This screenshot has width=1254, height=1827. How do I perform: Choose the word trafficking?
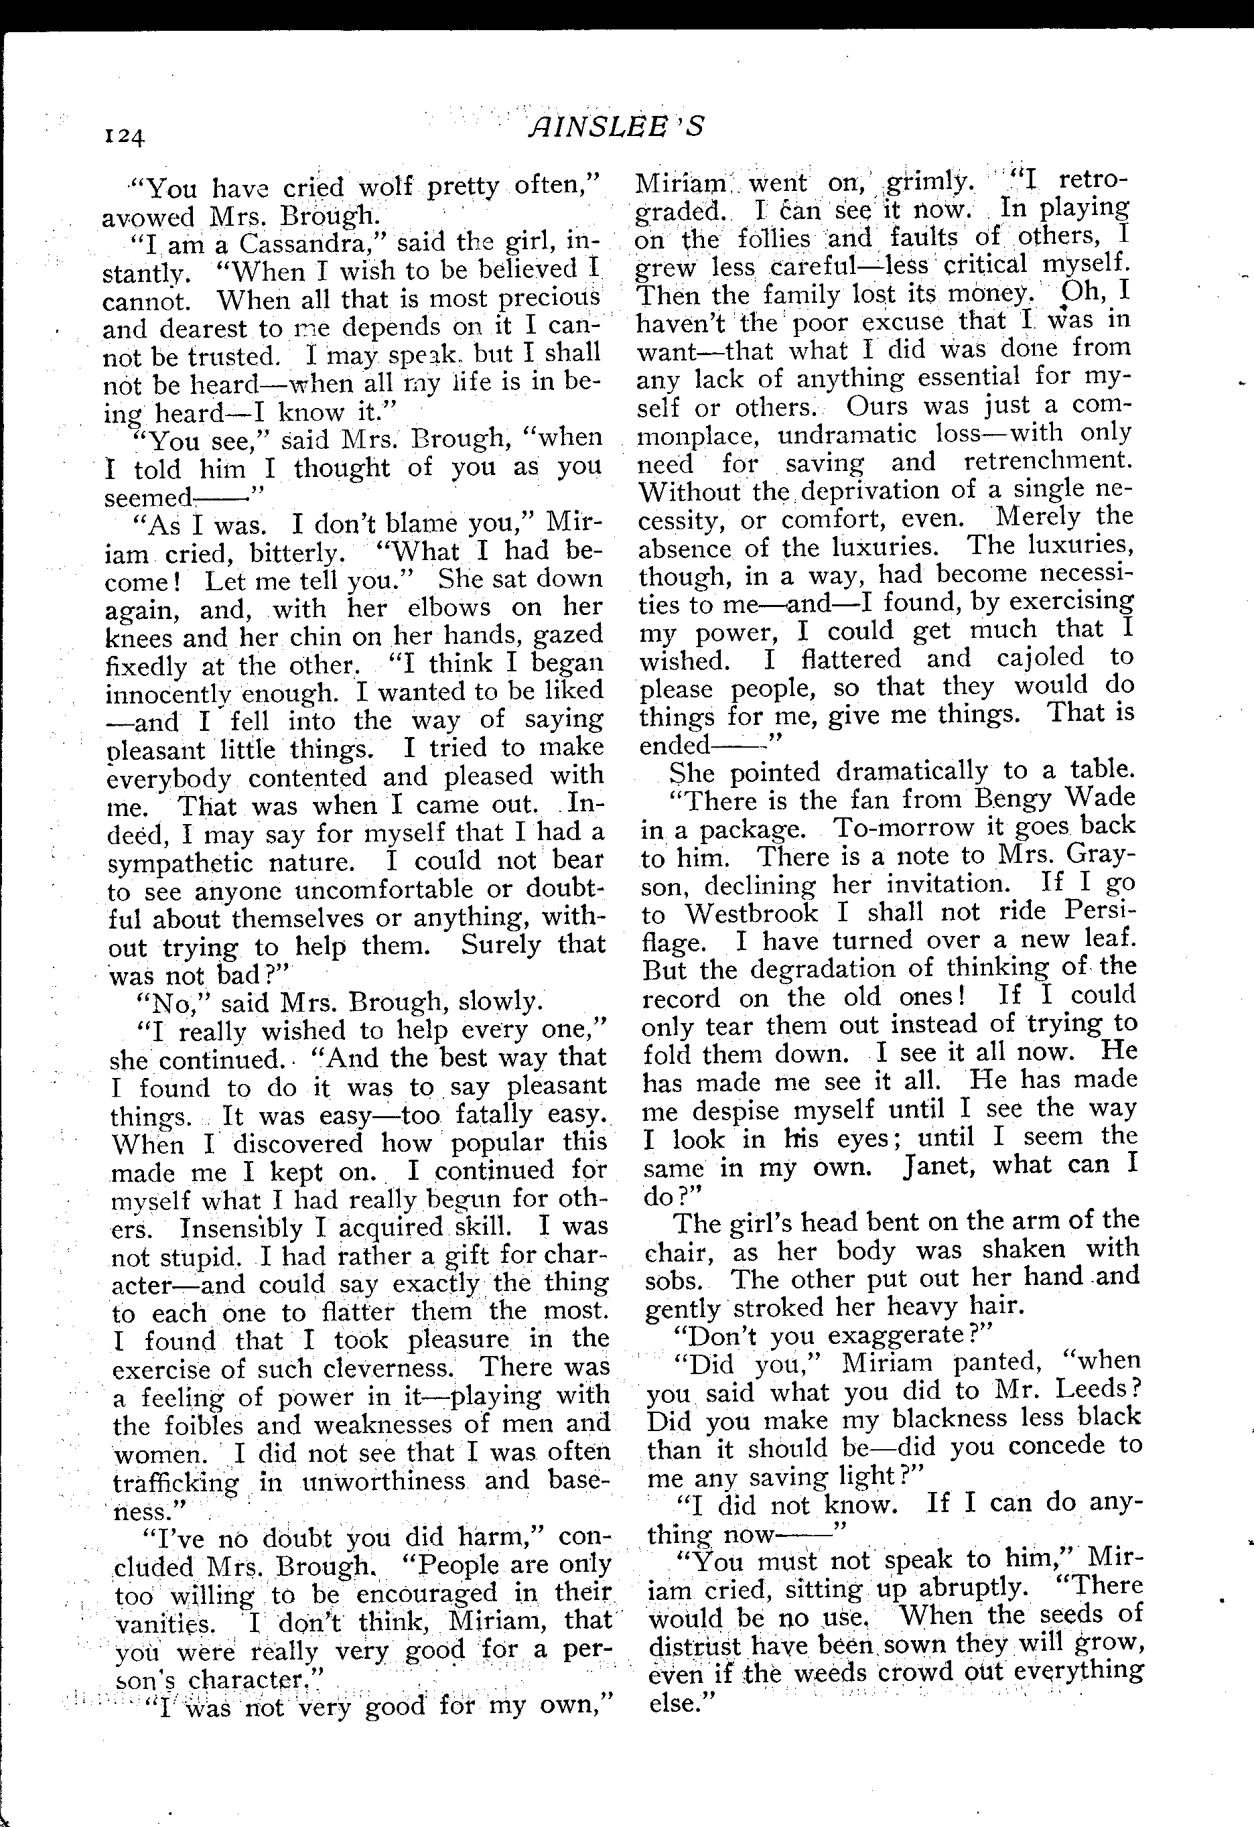point(176,1483)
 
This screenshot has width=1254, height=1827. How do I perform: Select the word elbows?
point(447,608)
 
